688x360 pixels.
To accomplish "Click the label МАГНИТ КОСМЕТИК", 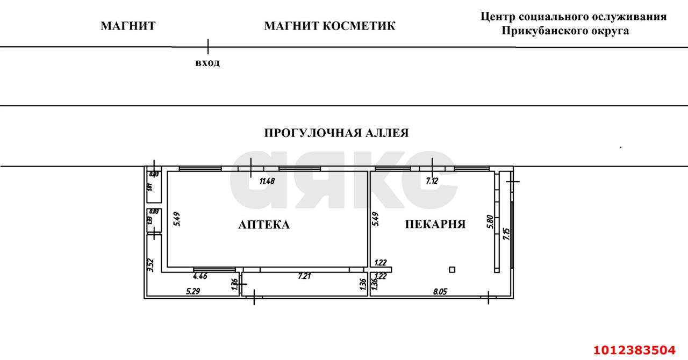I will (329, 26).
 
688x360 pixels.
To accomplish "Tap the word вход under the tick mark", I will (207, 63).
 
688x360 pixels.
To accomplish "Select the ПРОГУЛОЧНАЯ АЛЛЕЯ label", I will (336, 133).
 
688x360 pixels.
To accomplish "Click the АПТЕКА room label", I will (264, 225).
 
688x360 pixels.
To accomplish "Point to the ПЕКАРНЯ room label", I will (435, 224).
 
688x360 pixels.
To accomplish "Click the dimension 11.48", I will (267, 181).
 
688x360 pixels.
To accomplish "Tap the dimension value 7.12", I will (432, 181).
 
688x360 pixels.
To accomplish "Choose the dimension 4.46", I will (200, 277).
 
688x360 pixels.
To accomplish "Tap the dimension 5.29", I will (194, 292).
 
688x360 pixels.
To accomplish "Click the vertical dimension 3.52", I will (151, 265).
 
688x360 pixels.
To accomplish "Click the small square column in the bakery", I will (453, 270).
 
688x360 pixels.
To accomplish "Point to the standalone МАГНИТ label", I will (128, 26).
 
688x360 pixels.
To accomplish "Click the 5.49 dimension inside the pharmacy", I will (177, 219).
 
